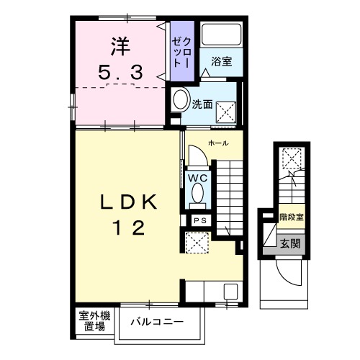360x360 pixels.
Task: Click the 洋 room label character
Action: pos(120,45)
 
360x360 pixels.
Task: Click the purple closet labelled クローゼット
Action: pos(179,48)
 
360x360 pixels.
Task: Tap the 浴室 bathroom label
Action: pos(221,63)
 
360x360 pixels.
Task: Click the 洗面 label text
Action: pos(202,104)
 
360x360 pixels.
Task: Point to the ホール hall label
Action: pos(219,143)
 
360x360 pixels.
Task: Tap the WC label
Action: pos(198,176)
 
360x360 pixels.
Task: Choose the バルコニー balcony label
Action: pos(158,321)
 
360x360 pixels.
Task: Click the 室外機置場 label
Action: pos(95,321)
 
